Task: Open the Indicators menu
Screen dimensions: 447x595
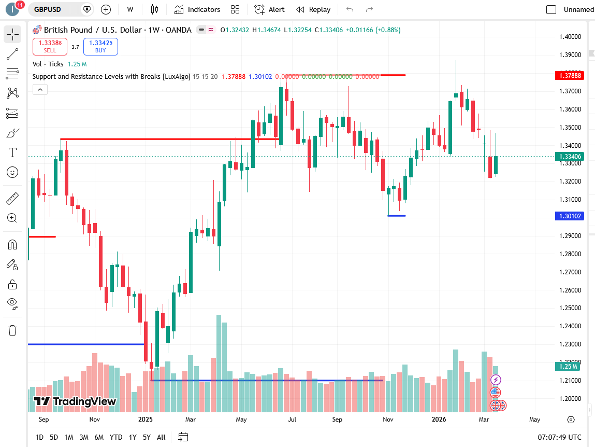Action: tap(197, 9)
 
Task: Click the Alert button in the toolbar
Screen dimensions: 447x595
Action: tap(270, 9)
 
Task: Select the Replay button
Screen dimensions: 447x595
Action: tap(313, 9)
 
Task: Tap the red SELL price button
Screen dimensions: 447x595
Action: tap(50, 47)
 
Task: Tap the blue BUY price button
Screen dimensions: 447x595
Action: tap(100, 47)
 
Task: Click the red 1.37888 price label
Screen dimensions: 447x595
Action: tap(569, 76)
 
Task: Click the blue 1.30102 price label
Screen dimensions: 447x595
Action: tap(569, 216)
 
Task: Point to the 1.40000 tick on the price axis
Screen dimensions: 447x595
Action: tap(570, 37)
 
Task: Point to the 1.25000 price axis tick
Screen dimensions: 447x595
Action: tap(570, 308)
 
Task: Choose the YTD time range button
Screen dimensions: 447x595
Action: tap(116, 437)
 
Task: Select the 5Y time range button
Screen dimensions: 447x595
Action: tap(147, 437)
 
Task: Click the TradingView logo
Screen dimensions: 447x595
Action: tap(75, 401)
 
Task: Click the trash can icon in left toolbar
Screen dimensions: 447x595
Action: tap(12, 330)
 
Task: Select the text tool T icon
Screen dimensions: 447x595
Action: tap(12, 152)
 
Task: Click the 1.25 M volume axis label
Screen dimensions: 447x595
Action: tap(569, 366)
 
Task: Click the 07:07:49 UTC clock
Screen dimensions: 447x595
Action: tap(559, 437)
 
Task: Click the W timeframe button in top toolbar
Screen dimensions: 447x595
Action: tap(130, 9)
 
